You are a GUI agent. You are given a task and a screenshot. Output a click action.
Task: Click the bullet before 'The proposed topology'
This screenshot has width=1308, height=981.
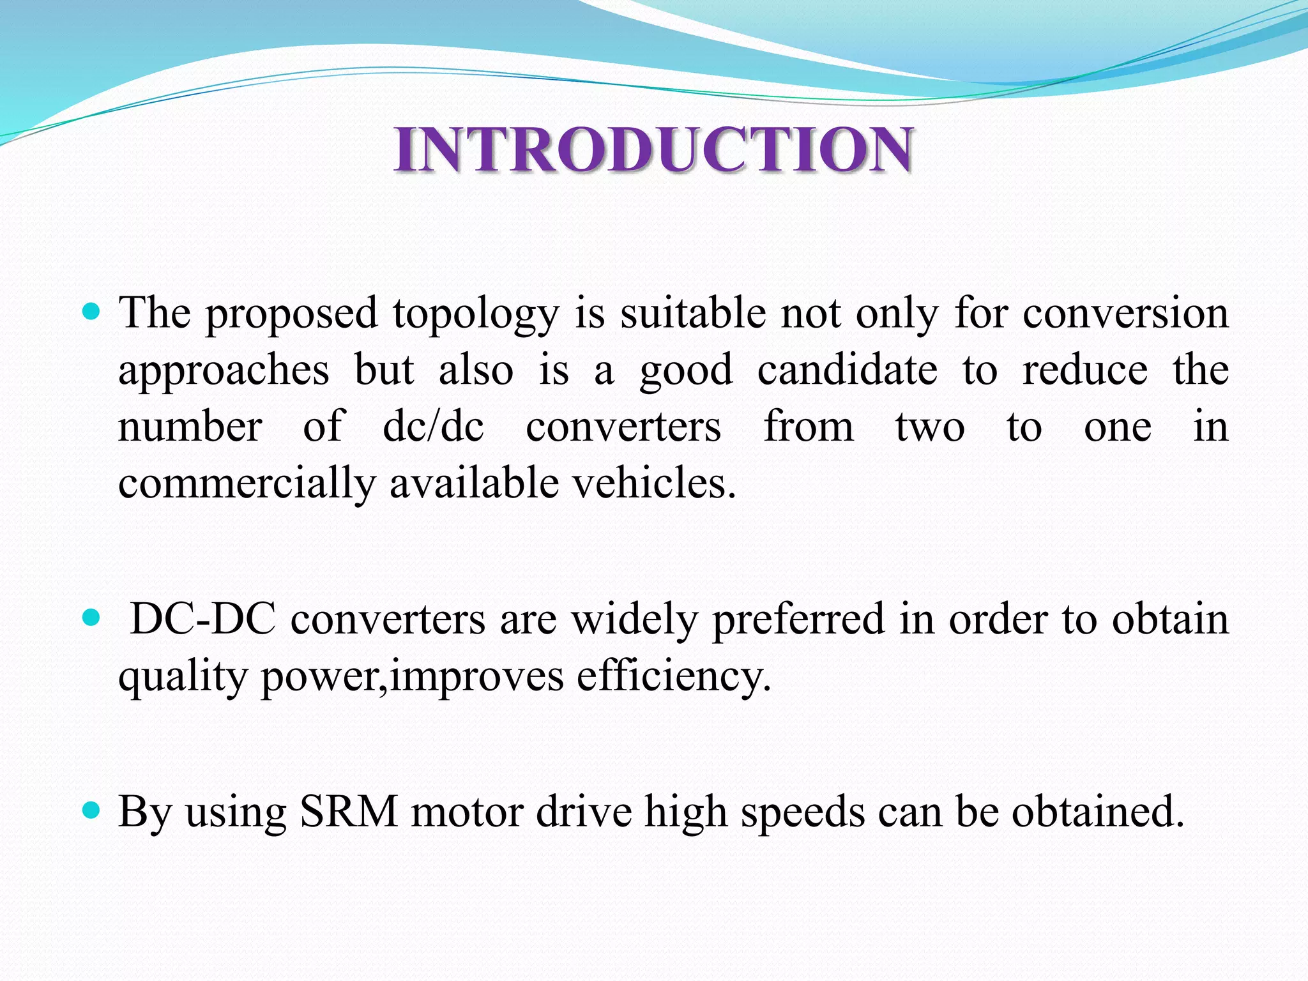click(x=92, y=312)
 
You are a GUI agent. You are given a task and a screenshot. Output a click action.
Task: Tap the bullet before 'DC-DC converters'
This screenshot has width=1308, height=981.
click(x=92, y=618)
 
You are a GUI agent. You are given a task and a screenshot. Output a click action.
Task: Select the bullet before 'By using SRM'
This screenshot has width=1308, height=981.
click(x=92, y=811)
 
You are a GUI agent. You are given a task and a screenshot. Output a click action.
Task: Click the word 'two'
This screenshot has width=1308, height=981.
click(x=929, y=427)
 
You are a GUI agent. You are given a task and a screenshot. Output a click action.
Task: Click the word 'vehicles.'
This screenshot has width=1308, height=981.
click(x=654, y=483)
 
